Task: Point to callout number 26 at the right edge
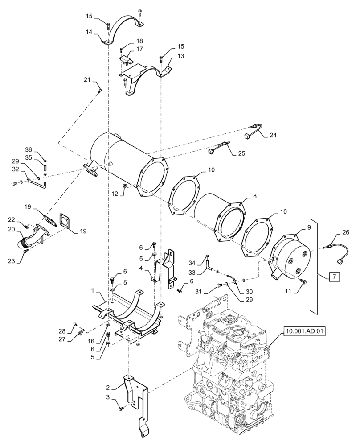346,232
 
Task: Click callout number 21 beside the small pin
86,79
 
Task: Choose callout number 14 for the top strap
89,32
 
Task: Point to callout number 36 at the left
28,149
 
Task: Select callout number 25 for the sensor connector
241,153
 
